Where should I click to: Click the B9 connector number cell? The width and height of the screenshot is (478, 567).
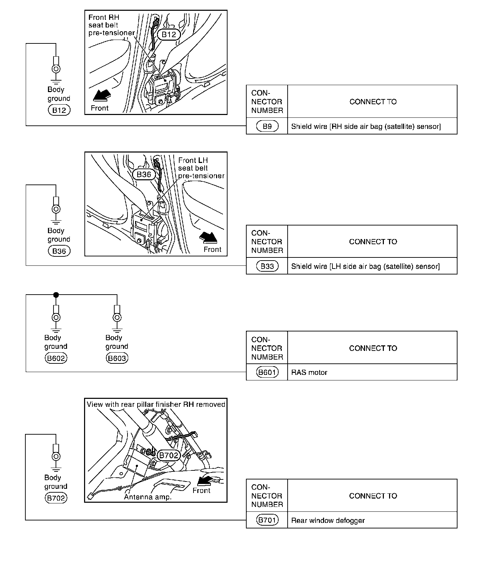(267, 126)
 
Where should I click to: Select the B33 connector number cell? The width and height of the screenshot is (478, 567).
(267, 266)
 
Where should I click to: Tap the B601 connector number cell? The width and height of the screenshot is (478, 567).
(267, 372)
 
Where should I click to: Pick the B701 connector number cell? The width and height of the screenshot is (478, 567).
(267, 520)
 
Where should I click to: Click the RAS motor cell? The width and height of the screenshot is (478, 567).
(372, 372)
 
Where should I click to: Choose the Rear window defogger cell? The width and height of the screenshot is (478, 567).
(372, 520)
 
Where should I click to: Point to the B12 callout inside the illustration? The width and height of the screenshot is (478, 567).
(169, 34)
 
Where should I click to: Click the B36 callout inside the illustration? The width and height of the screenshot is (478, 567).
(144, 174)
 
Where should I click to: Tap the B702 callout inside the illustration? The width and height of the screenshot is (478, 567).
(168, 455)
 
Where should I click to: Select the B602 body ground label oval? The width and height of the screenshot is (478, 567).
(56, 358)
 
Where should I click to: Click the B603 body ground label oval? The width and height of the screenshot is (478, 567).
(117, 358)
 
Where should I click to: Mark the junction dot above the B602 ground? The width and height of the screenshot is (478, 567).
(56, 295)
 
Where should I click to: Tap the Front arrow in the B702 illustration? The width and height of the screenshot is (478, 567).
(205, 481)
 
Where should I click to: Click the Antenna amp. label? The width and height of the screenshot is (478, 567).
(148, 497)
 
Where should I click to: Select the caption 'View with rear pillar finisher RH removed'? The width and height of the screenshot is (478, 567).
(156, 404)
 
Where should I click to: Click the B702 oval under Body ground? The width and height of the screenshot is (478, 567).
(56, 498)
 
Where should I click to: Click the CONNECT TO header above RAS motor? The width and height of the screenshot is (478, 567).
(373, 348)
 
